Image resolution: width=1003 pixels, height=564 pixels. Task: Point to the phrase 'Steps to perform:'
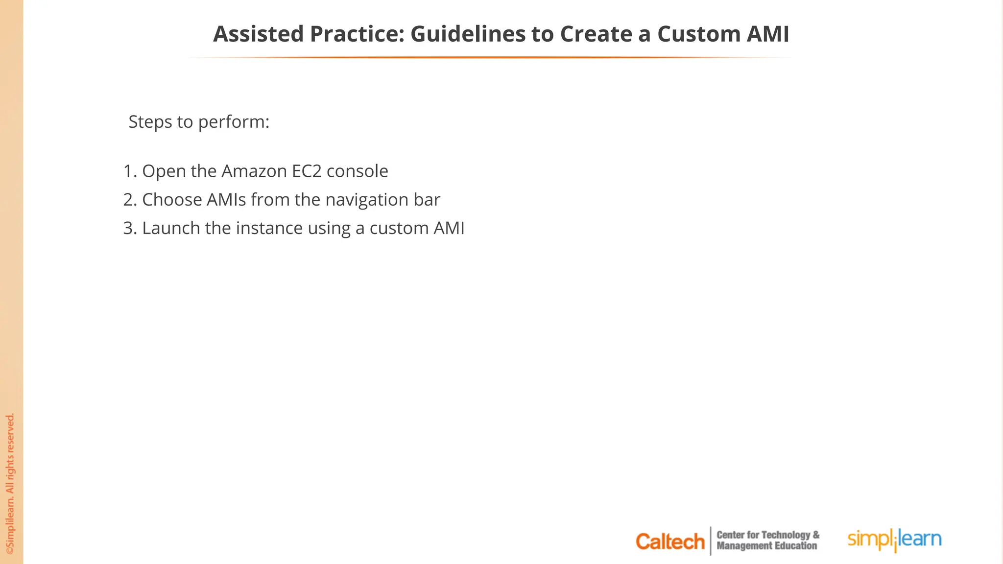pos(199,122)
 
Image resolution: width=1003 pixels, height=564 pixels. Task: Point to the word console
pos(357,171)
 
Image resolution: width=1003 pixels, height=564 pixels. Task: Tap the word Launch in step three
pos(171,228)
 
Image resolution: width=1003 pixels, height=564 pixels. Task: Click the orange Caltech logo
pos(669,541)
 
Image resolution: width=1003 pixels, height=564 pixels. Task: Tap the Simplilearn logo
pos(894,540)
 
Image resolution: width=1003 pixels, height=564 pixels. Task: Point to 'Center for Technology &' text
pos(767,535)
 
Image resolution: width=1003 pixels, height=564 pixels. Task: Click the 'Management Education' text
pos(766,546)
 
